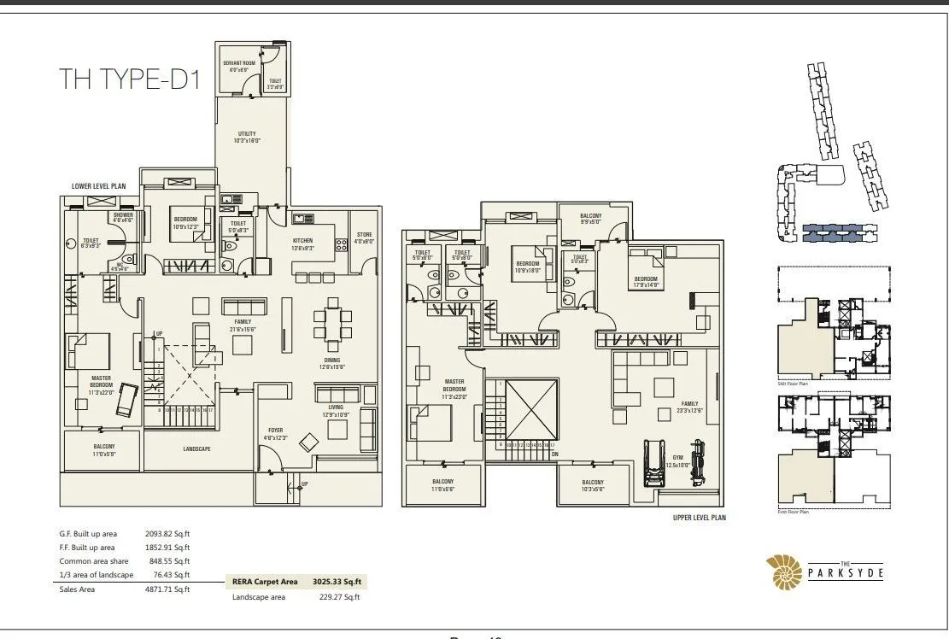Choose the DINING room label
(332, 364)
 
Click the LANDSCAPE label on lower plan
(196, 448)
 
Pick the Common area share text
(90, 561)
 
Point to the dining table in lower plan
(331, 324)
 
